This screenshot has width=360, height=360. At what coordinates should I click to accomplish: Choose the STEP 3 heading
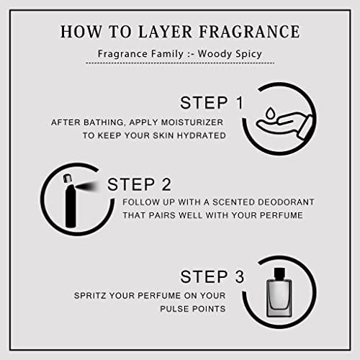click(212, 276)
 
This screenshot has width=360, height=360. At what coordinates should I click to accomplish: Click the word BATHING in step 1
click(99, 122)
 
